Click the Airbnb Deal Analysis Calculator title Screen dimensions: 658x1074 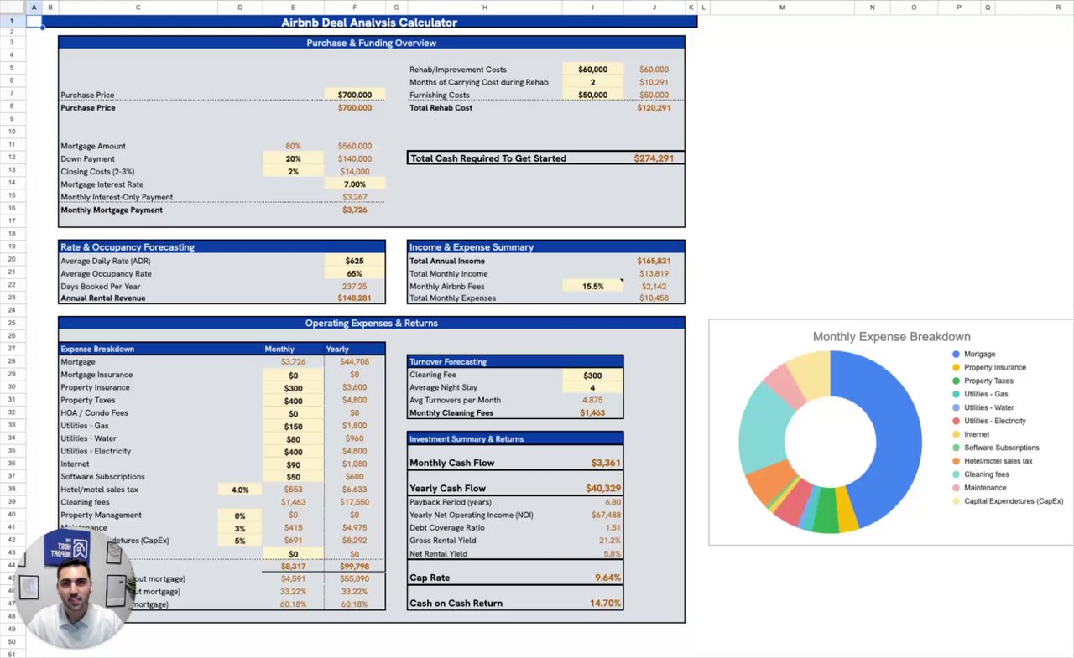tap(369, 23)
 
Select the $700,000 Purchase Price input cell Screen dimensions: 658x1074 tap(354, 95)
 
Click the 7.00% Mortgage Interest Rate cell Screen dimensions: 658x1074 tap(355, 184)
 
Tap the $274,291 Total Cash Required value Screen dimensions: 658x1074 tap(654, 158)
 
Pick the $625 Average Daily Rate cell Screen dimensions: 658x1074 tap(354, 261)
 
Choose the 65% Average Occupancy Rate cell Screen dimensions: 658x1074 tap(354, 273)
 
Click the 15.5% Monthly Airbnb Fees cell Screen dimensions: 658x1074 tap(592, 286)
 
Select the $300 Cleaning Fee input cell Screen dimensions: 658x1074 tap(592, 375)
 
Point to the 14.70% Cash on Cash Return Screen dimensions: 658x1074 tap(605, 603)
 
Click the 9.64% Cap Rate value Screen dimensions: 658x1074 tap(607, 578)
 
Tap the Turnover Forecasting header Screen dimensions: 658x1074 tap(448, 361)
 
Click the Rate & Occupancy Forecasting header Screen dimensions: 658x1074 tap(128, 247)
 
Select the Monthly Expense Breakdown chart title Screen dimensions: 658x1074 tap(891, 337)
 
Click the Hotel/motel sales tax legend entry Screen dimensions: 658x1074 tap(998, 461)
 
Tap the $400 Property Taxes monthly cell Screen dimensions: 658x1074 tap(293, 401)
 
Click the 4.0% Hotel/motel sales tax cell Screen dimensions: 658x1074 tap(239, 490)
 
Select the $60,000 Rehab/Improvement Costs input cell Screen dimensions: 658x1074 tap(592, 70)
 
